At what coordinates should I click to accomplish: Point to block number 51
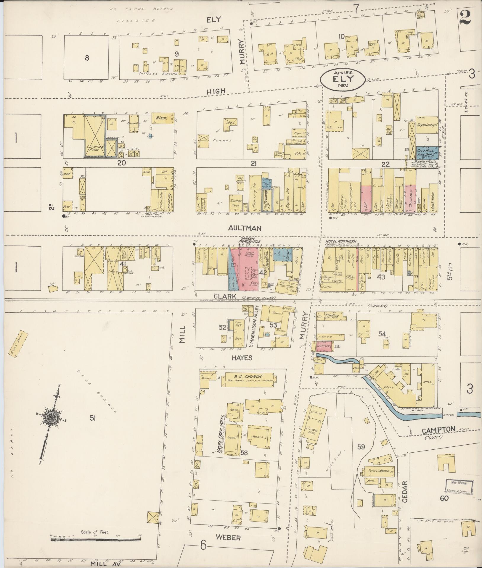93,418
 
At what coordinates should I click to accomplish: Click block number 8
87,58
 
